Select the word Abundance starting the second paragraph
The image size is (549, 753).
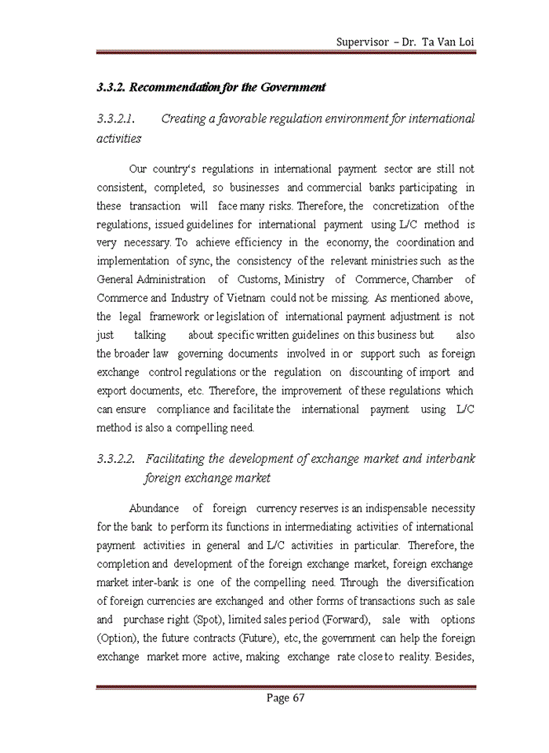(154, 509)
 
